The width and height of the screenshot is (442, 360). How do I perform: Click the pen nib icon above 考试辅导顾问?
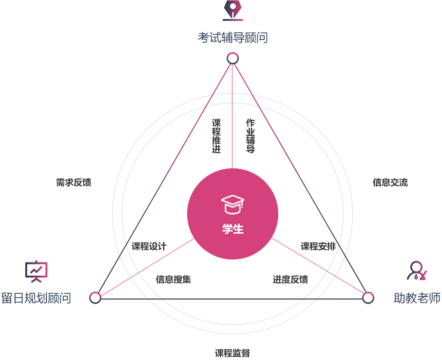pyautogui.click(x=233, y=11)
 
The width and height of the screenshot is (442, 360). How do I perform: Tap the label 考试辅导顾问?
pyautogui.click(x=233, y=38)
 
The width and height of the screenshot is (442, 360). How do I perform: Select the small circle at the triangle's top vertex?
pyautogui.click(x=232, y=59)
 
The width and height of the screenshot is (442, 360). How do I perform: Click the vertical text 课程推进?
pyautogui.click(x=216, y=136)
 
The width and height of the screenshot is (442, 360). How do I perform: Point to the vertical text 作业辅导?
pyautogui.click(x=250, y=136)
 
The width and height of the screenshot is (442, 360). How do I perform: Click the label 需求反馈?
pyautogui.click(x=74, y=182)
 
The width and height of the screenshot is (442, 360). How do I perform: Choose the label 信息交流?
pyautogui.click(x=390, y=182)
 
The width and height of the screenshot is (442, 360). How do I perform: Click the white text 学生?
pyautogui.click(x=233, y=229)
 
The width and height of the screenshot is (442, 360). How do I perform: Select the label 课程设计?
pyautogui.click(x=149, y=246)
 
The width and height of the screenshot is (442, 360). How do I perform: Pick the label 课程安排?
pyautogui.click(x=318, y=246)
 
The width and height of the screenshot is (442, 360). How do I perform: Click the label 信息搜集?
pyautogui.click(x=173, y=280)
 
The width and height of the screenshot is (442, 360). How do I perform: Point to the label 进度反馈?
pyautogui.click(x=290, y=280)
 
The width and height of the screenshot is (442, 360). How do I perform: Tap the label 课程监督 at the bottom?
pyautogui.click(x=232, y=353)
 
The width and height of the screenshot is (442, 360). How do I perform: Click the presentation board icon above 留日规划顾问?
pyautogui.click(x=37, y=271)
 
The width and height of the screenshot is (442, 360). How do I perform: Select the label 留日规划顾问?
pyautogui.click(x=36, y=298)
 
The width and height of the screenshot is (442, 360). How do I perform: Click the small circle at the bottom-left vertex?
pyautogui.click(x=96, y=298)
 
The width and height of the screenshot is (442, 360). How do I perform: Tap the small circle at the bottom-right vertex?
pyautogui.click(x=368, y=298)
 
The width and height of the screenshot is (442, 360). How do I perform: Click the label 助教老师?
pyautogui.click(x=417, y=298)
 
